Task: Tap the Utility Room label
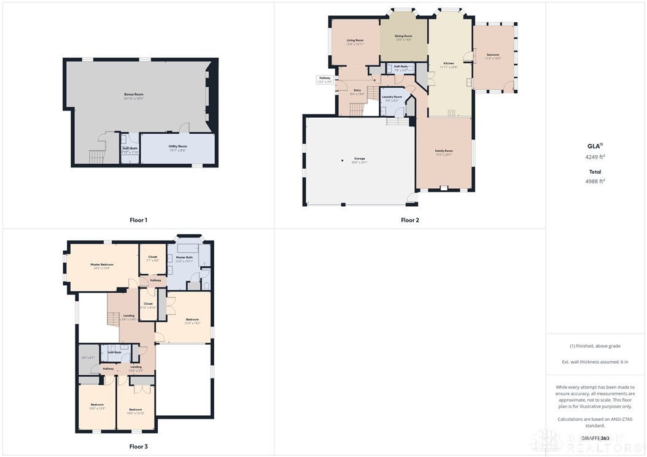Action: pyautogui.click(x=177, y=146)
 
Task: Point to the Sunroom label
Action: pyautogui.click(x=492, y=55)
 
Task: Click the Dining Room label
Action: pyautogui.click(x=403, y=36)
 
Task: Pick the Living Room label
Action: pyautogui.click(x=355, y=40)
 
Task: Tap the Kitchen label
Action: pyautogui.click(x=449, y=63)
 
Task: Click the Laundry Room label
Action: pyautogui.click(x=392, y=97)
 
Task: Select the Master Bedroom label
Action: pyautogui.click(x=102, y=264)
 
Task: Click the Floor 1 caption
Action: pyautogui.click(x=138, y=220)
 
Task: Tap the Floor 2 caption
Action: pyautogui.click(x=410, y=220)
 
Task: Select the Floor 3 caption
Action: pyautogui.click(x=138, y=447)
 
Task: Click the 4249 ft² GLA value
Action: pyautogui.click(x=595, y=157)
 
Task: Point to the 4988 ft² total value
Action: pyautogui.click(x=595, y=181)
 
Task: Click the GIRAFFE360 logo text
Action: pyautogui.click(x=595, y=438)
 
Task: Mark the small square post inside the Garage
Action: pyautogui.click(x=343, y=161)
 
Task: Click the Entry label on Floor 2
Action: pyautogui.click(x=357, y=90)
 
